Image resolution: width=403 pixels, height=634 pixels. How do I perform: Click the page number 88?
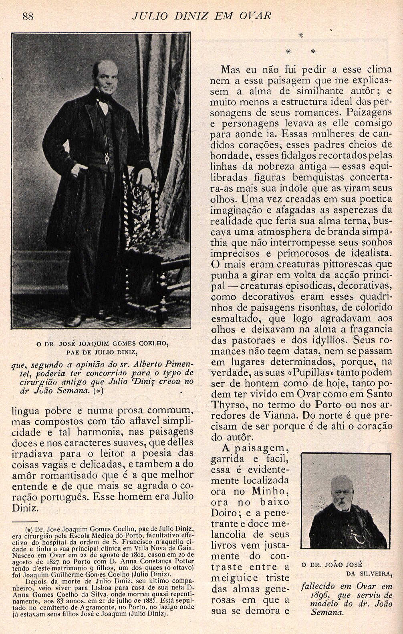(x=28, y=16)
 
